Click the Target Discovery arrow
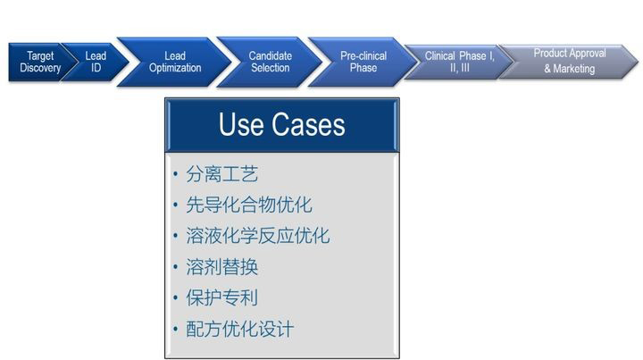(x=40, y=62)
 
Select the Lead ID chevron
(x=96, y=62)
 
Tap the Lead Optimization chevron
(x=175, y=62)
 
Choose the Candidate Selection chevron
(x=271, y=62)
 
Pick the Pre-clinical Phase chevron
(x=363, y=62)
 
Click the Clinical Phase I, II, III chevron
(x=459, y=62)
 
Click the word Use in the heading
(x=241, y=124)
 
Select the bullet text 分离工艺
(x=221, y=174)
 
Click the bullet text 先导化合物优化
(x=249, y=205)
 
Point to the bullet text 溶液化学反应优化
(x=258, y=236)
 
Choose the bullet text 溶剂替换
(x=221, y=267)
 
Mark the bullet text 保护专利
(x=221, y=297)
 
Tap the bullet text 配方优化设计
(x=240, y=329)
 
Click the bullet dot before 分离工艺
(x=176, y=174)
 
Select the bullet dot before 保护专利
(x=176, y=297)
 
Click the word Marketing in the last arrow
(x=573, y=69)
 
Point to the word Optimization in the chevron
(x=175, y=68)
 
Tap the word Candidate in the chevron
(x=271, y=55)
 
